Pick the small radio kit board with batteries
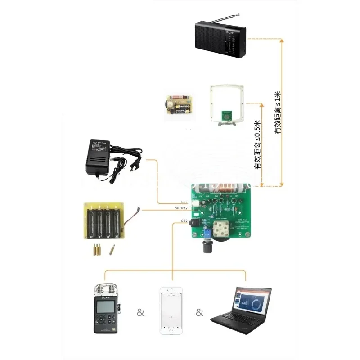point(178,106)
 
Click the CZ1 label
point(184,202)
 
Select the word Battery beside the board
point(181,208)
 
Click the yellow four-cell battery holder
point(104,221)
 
